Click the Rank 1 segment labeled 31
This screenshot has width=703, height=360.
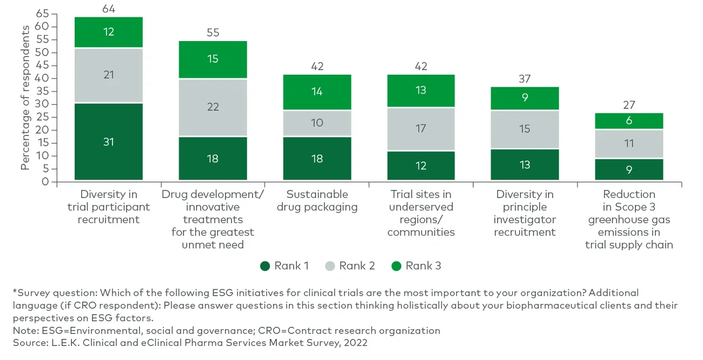[109, 142]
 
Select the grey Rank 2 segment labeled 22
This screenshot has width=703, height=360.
[213, 107]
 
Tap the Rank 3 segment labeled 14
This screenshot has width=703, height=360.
[317, 92]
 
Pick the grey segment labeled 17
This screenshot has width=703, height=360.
[421, 129]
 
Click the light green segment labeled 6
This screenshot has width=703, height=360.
[629, 121]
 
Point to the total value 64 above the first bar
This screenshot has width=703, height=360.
[109, 9]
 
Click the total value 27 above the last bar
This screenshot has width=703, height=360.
[629, 105]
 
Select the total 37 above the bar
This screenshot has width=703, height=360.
[525, 79]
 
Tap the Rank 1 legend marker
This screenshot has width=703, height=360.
[265, 266]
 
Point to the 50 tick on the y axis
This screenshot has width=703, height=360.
[42, 52]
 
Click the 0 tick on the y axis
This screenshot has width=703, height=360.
[46, 182]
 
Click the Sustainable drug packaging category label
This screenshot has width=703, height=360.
[317, 201]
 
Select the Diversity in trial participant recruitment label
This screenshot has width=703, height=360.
[109, 206]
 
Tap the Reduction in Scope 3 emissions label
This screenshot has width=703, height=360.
[629, 219]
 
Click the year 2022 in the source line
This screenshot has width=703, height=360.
[356, 343]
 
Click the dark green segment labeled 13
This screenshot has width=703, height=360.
[525, 165]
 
